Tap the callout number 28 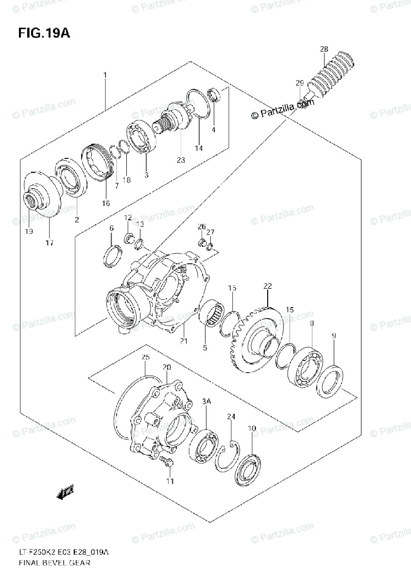[324, 49]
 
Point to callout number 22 [267, 286]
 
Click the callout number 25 [145, 358]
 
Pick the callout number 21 [183, 341]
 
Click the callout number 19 [28, 232]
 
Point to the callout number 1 [104, 75]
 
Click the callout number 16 [105, 203]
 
